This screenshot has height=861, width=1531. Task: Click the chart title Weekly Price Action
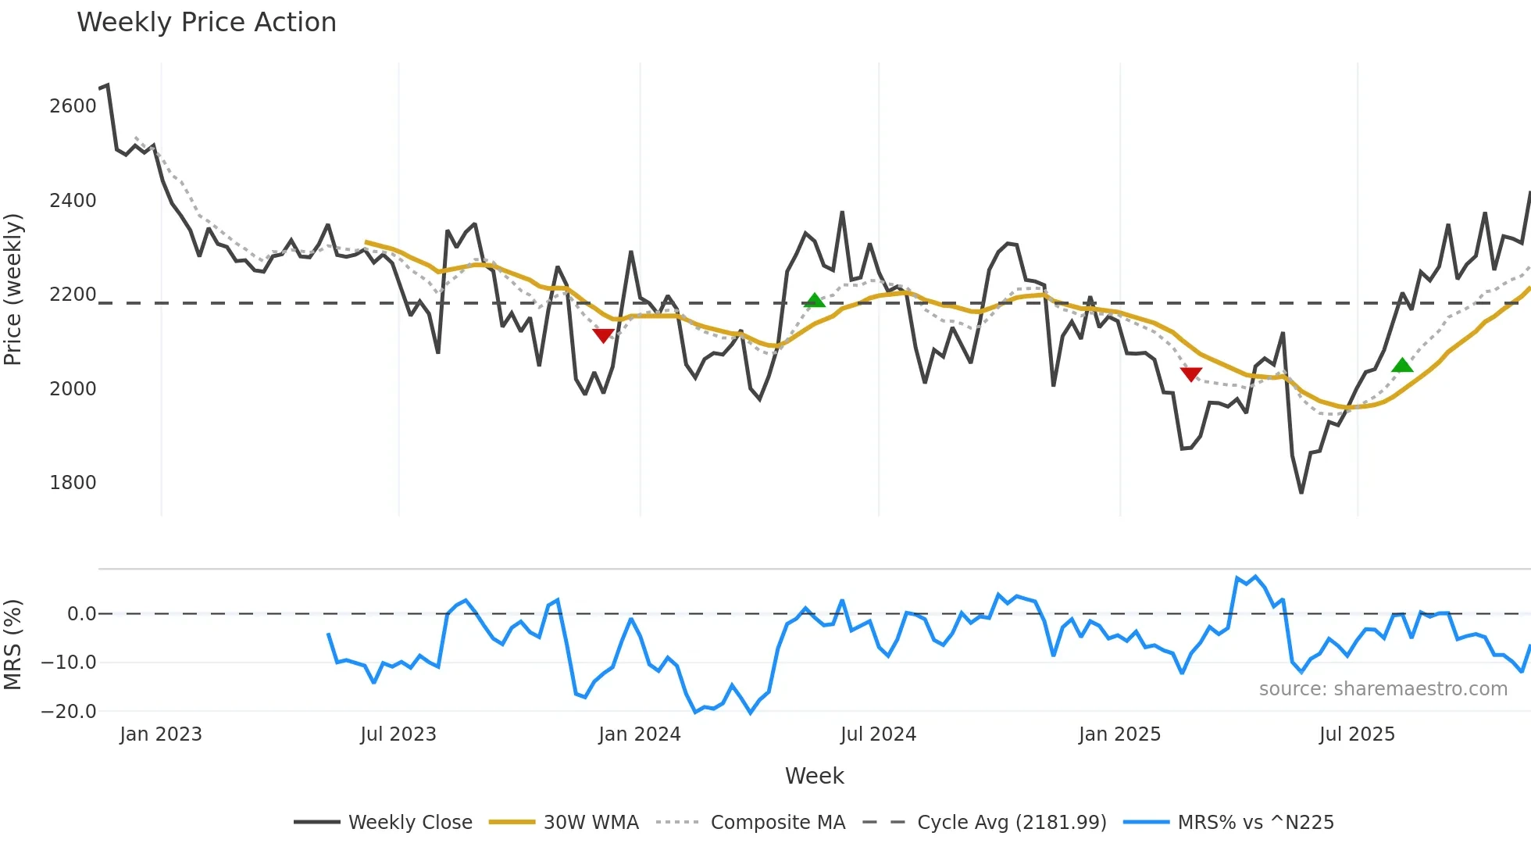(x=206, y=22)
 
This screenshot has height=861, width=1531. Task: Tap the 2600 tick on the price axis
(x=73, y=106)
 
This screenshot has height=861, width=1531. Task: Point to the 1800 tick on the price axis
(x=73, y=483)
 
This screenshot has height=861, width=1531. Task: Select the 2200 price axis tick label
(x=73, y=295)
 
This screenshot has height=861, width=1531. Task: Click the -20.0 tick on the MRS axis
(x=70, y=712)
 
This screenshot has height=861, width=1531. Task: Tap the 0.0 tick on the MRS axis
(x=81, y=614)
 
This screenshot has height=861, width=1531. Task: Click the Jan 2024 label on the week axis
(x=639, y=734)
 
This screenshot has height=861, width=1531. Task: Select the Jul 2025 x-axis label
(x=1356, y=734)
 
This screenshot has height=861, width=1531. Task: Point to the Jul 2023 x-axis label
(x=398, y=734)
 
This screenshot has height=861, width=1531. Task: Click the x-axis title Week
(x=814, y=776)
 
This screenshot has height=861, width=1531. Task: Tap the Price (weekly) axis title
(x=13, y=289)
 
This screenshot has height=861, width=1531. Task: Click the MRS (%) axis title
(x=13, y=645)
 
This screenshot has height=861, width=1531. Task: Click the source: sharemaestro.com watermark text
(x=1383, y=689)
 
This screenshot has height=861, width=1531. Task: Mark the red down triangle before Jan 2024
(x=603, y=335)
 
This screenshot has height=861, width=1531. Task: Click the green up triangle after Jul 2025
(x=1402, y=365)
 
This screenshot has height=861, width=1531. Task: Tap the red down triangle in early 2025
(x=1190, y=374)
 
